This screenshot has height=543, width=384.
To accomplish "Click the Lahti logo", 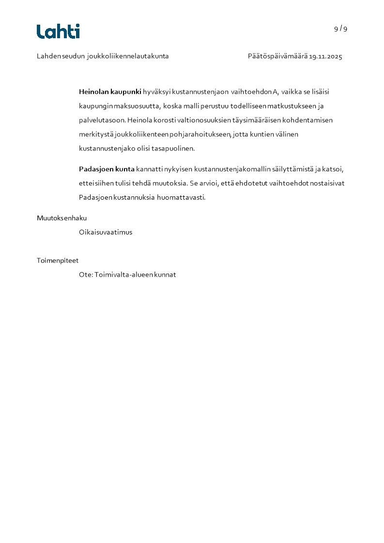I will tap(58, 31).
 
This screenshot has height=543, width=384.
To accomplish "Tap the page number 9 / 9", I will tap(340, 29).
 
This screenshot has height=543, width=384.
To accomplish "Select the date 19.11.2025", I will tap(325, 57).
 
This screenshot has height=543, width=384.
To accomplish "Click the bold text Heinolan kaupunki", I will tap(110, 92).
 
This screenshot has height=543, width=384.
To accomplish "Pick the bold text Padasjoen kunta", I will tap(107, 169).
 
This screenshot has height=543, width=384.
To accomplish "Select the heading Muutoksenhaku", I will tap(61, 218).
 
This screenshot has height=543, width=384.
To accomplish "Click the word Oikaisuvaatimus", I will tap(106, 232).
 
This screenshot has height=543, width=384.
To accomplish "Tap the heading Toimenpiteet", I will tap(58, 261).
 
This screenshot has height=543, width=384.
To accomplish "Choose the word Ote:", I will tap(86, 275).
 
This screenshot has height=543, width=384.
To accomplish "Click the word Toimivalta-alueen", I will tap(123, 275).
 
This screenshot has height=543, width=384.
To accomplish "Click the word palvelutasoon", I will tap(101, 120).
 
